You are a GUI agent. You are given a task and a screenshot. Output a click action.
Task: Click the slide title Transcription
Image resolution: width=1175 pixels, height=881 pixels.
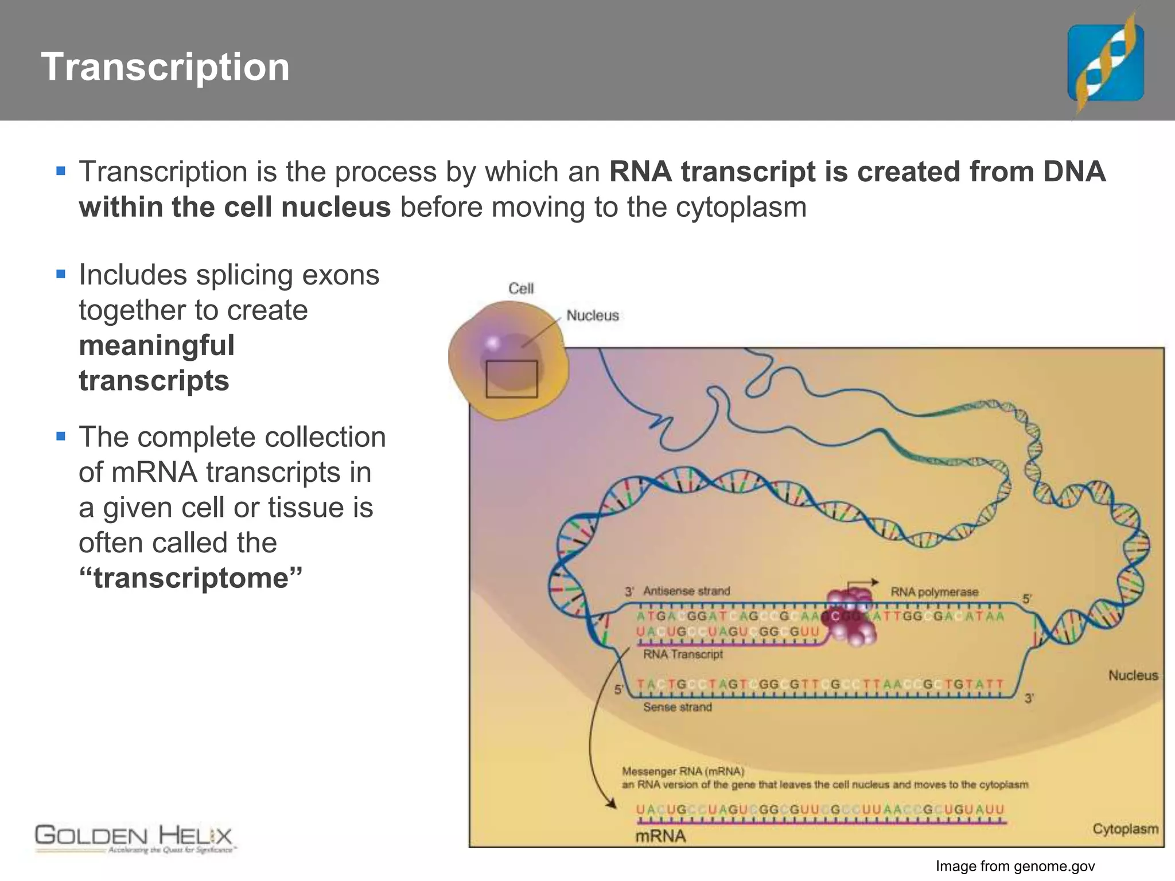click(165, 67)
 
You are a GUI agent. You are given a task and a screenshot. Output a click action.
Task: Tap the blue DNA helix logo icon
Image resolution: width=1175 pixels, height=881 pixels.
click(1105, 63)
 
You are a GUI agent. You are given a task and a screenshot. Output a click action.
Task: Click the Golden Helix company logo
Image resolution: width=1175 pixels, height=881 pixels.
click(134, 839)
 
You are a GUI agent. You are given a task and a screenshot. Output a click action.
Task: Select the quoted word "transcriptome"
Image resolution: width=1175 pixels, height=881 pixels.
click(190, 578)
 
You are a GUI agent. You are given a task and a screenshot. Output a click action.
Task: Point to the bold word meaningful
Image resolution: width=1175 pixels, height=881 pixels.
click(157, 346)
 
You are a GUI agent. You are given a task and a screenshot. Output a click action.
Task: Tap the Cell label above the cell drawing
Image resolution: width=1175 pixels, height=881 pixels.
click(521, 289)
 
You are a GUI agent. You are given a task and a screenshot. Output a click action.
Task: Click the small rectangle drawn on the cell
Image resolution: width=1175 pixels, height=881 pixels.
click(511, 379)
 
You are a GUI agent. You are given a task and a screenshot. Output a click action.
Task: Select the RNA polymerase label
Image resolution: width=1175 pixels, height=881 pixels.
click(934, 592)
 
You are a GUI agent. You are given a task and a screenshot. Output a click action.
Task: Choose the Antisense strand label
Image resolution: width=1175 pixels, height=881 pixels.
click(686, 591)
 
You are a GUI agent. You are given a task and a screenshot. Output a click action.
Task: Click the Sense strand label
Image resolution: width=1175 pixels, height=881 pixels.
click(677, 707)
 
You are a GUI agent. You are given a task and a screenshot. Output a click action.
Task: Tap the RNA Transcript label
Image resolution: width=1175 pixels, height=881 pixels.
click(683, 654)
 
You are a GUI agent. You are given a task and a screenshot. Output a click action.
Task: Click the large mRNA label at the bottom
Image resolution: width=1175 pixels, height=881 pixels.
click(660, 836)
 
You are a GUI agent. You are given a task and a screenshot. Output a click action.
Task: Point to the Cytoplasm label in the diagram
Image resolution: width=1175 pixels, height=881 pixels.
click(1125, 829)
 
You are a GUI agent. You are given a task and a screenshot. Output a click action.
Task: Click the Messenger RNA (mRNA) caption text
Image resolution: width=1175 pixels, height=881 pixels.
click(683, 771)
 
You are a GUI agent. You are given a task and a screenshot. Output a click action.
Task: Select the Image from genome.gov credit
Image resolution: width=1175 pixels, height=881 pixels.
click(1015, 866)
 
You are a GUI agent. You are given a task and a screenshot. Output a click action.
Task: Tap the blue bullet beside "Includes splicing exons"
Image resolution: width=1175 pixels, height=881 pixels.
click(61, 274)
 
